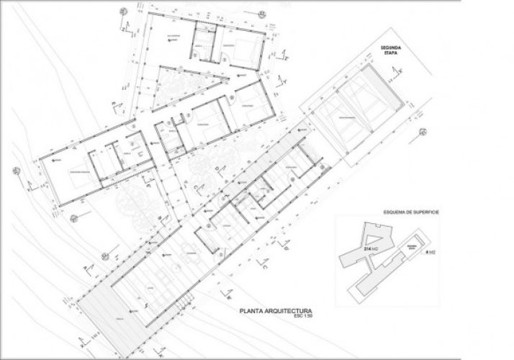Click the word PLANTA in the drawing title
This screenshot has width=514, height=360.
click(257, 312)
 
